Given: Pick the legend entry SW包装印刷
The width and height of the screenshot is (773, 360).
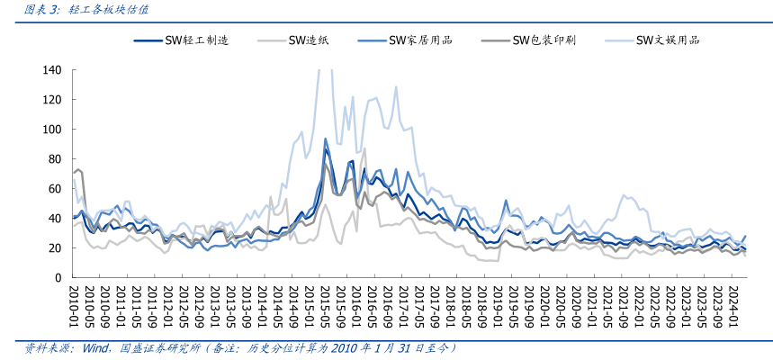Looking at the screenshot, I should tap(544, 40).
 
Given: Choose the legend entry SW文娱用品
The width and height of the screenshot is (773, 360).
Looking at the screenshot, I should tap(667, 40).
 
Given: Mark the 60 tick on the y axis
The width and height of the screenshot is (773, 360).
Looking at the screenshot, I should tap(55, 189).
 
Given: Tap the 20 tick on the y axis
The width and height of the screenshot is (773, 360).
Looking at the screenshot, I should tap(55, 248).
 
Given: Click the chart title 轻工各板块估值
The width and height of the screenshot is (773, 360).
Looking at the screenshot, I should tap(109, 10).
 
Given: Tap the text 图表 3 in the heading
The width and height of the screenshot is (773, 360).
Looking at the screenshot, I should tap(41, 10).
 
